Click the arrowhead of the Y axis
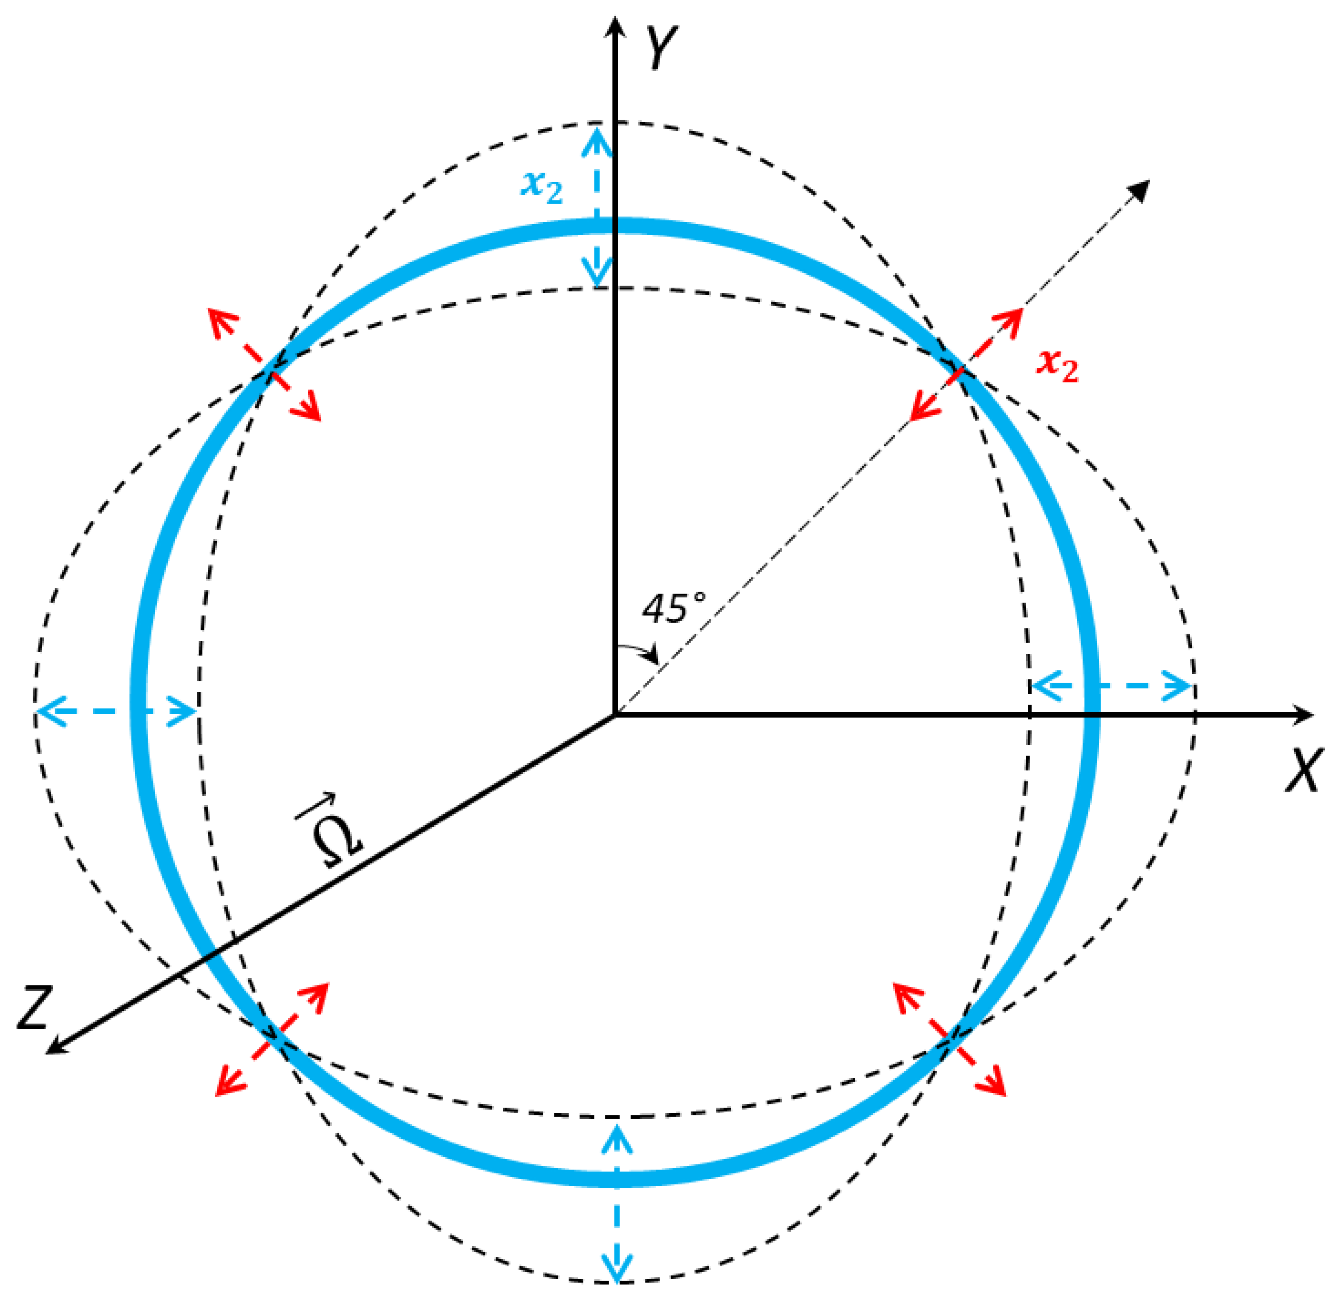(x=616, y=28)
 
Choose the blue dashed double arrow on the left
(x=116, y=712)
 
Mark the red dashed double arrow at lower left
(x=272, y=1039)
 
